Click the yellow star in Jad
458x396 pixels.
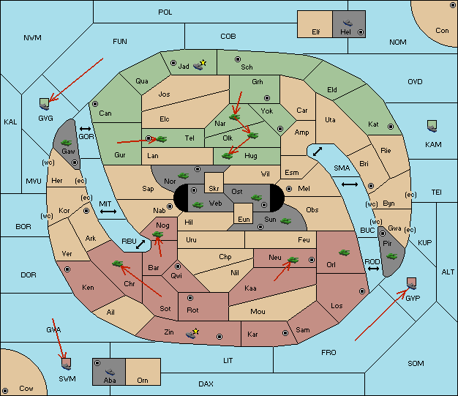pyautogui.click(x=203, y=63)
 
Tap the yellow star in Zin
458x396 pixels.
pyautogui.click(x=195, y=332)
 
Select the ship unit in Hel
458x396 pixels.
pyautogui.click(x=348, y=23)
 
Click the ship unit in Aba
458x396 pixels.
pyautogui.click(x=110, y=371)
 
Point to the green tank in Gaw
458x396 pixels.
pyautogui.click(x=66, y=143)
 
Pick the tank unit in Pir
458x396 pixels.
pyautogui.click(x=391, y=256)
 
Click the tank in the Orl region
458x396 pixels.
pyautogui.click(x=345, y=253)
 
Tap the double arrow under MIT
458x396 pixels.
pyautogui.click(x=108, y=212)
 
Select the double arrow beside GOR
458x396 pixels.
pyautogui.click(x=85, y=129)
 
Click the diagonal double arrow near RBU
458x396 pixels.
pyautogui.click(x=140, y=244)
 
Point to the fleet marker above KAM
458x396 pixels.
pyautogui.click(x=432, y=126)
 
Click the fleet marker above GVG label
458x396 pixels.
pyautogui.click(x=45, y=104)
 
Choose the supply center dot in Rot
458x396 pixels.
pyautogui.click(x=190, y=298)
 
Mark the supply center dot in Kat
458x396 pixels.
pyautogui.click(x=391, y=127)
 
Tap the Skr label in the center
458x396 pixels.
pyautogui.click(x=214, y=189)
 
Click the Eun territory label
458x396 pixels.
pyautogui.click(x=244, y=219)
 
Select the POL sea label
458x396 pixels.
pyautogui.click(x=165, y=12)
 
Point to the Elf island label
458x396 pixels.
pyautogui.click(x=316, y=32)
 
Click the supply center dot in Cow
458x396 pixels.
pyautogui.click(x=5, y=391)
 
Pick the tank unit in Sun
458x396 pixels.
pyautogui.click(x=285, y=221)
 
